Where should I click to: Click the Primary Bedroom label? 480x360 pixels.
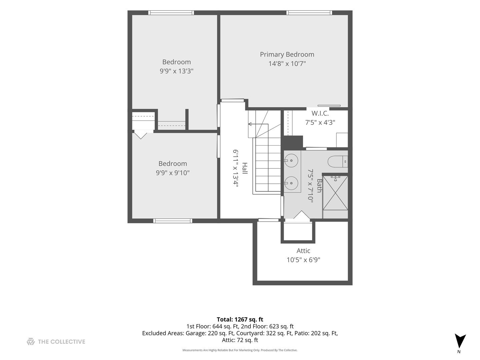[x=287, y=54]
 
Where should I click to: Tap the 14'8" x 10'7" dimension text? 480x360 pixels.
[x=287, y=64]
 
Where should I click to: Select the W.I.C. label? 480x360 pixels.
[x=320, y=113]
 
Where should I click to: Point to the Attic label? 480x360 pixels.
[x=303, y=250]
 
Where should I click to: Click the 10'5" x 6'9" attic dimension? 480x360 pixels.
[x=303, y=260]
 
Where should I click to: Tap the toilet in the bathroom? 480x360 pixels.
[x=338, y=162]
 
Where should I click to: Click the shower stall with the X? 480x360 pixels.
[x=335, y=193]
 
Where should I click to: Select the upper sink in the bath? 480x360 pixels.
[x=291, y=160]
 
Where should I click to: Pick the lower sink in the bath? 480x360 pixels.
[x=291, y=183]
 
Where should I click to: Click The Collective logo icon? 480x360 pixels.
[x=31, y=341]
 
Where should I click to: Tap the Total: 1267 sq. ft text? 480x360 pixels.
[x=240, y=319]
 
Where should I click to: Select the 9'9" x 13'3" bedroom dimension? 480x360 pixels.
[x=176, y=71]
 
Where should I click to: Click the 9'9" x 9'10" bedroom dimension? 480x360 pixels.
[x=173, y=173]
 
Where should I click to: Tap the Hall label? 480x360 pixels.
[x=245, y=168]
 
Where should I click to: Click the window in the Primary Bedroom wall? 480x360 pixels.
[x=309, y=13]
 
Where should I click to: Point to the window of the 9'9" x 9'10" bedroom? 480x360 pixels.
[x=173, y=221]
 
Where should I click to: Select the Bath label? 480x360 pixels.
[x=319, y=186]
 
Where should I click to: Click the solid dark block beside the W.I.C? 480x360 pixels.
[x=292, y=142]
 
